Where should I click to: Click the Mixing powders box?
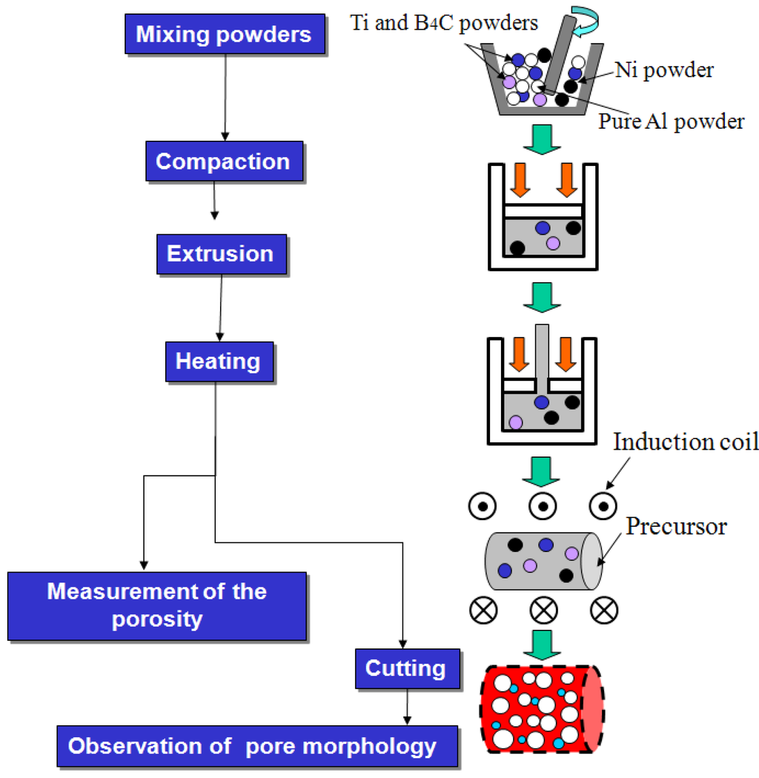tap(223, 35)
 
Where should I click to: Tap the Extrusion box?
tap(220, 254)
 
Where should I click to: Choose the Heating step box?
tap(218, 362)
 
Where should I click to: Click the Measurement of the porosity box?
tap(156, 605)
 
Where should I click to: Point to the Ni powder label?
tap(664, 70)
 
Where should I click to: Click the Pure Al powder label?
tap(672, 121)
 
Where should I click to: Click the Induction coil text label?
tap(686, 442)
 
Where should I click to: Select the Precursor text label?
tap(677, 527)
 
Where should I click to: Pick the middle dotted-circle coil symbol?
tap(543, 507)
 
